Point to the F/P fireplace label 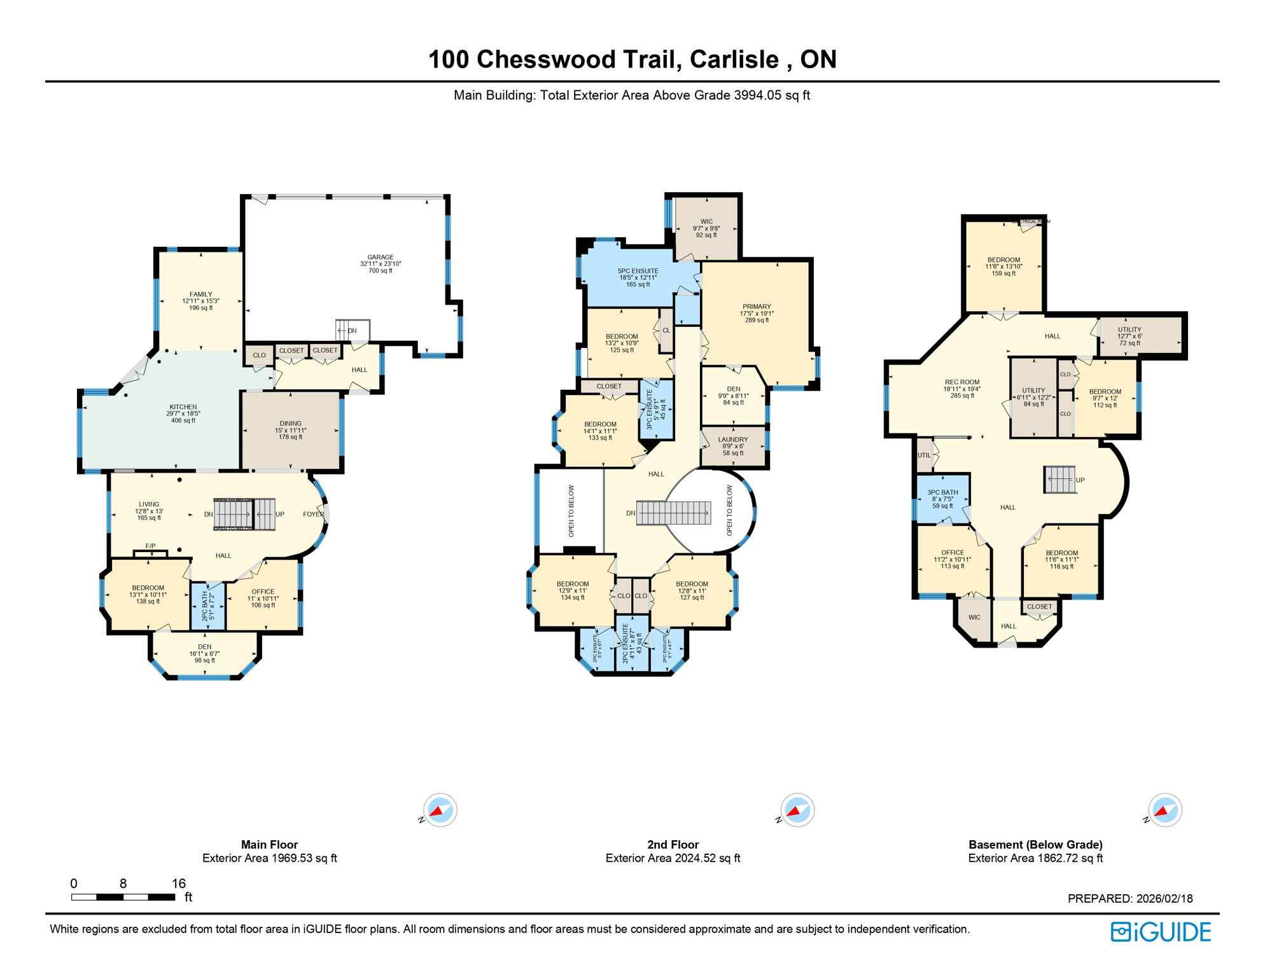click(150, 546)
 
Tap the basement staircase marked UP click(1060, 480)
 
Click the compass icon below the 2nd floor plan click(797, 810)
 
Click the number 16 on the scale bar click(179, 883)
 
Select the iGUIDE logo click(1161, 932)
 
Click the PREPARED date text click(1129, 899)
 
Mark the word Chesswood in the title click(575, 60)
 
